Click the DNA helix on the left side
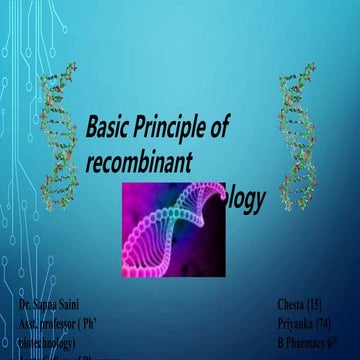[58, 140]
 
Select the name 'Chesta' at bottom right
[293, 303]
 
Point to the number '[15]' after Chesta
[322, 303]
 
